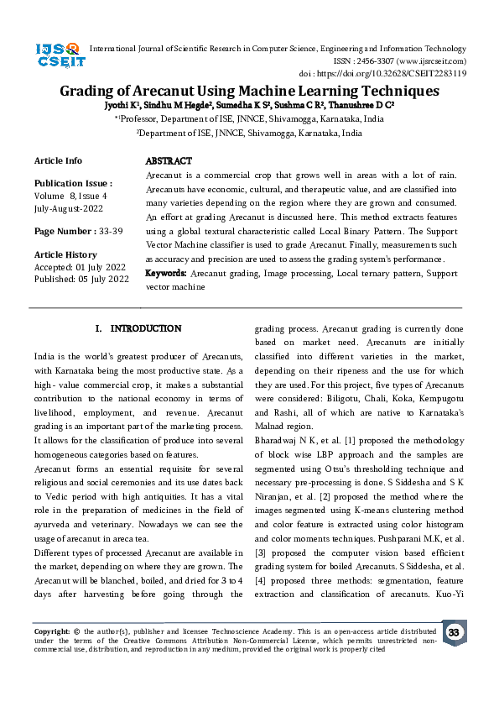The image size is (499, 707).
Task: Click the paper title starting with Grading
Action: (x=249, y=91)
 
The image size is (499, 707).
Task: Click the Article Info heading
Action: (x=58, y=160)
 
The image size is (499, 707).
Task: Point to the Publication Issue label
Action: (x=73, y=183)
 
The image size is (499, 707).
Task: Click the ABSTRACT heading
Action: (x=169, y=160)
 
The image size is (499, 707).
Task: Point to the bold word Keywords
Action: (x=166, y=274)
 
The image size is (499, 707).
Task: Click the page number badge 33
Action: (x=454, y=632)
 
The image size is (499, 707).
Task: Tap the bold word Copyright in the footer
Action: (x=51, y=630)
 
